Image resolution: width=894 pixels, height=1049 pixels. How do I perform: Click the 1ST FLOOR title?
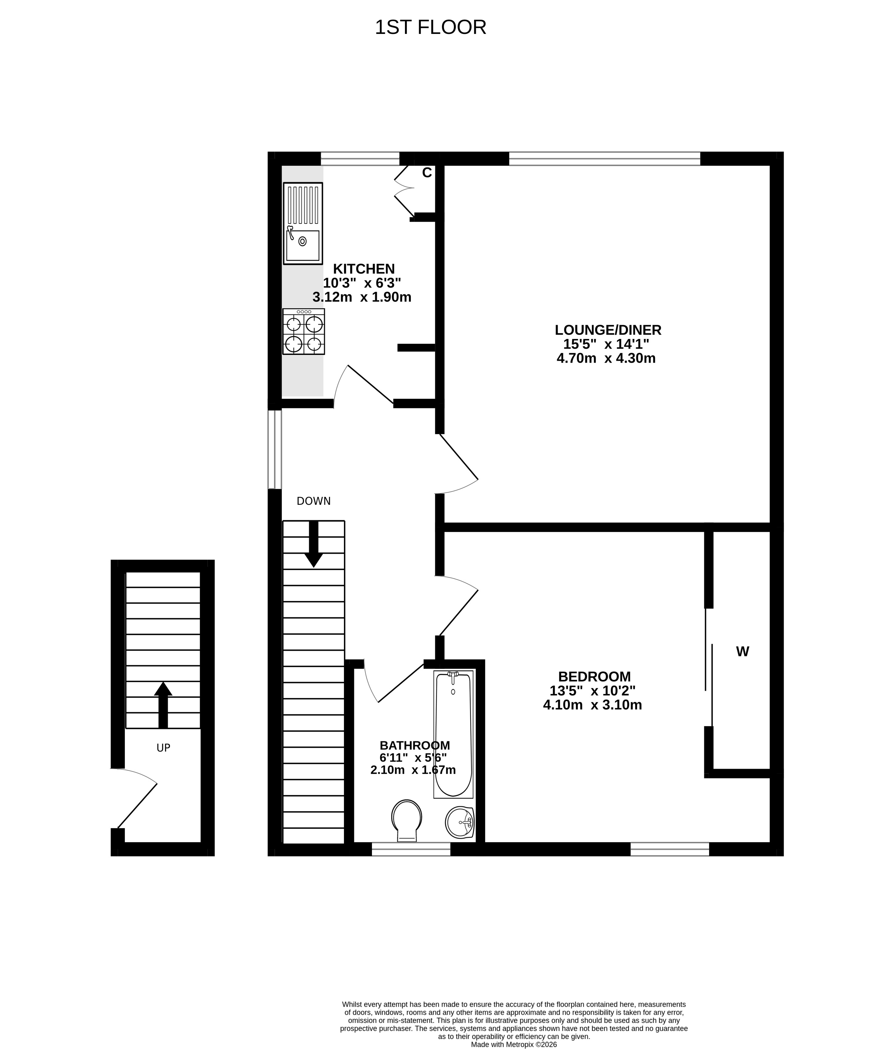click(430, 27)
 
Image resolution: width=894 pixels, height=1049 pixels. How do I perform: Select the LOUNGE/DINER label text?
click(608, 330)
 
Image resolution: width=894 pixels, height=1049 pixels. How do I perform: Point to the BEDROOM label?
click(594, 676)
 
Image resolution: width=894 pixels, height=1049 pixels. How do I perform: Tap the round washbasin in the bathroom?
click(459, 822)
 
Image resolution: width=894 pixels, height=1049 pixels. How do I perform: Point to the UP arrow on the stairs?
click(163, 705)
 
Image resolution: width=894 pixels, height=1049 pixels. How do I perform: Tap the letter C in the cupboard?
click(427, 173)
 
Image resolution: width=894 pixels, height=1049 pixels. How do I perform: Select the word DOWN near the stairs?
click(313, 501)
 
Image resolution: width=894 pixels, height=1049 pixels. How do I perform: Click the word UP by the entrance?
click(163, 748)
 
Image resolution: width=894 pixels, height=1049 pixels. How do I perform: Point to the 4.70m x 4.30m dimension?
click(606, 358)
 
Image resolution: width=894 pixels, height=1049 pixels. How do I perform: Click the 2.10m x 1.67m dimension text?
click(413, 770)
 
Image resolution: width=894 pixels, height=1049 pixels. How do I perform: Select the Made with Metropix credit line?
click(514, 1044)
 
